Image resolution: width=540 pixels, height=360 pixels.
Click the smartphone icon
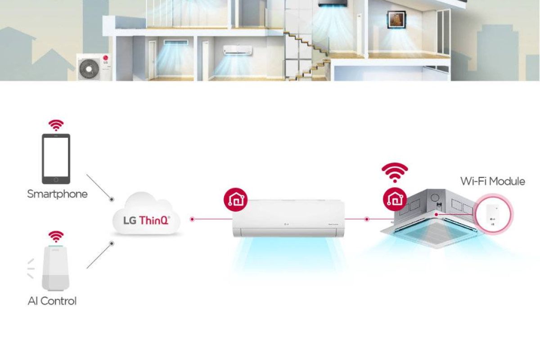56,158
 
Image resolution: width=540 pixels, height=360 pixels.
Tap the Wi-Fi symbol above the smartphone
56,125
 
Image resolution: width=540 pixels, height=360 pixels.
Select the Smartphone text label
57,194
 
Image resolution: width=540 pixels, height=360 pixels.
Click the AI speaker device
56,268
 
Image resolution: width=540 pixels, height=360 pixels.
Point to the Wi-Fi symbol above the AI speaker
56,236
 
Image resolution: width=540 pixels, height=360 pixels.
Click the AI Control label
52,301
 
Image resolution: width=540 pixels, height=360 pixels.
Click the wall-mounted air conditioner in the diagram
288,218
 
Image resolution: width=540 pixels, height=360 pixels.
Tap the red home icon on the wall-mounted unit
235,199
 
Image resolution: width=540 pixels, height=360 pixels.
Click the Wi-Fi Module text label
492,181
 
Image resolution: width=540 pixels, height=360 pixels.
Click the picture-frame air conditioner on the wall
394,20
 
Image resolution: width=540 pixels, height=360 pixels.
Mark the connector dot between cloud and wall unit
192,219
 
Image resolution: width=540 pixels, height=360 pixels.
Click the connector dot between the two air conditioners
367,219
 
